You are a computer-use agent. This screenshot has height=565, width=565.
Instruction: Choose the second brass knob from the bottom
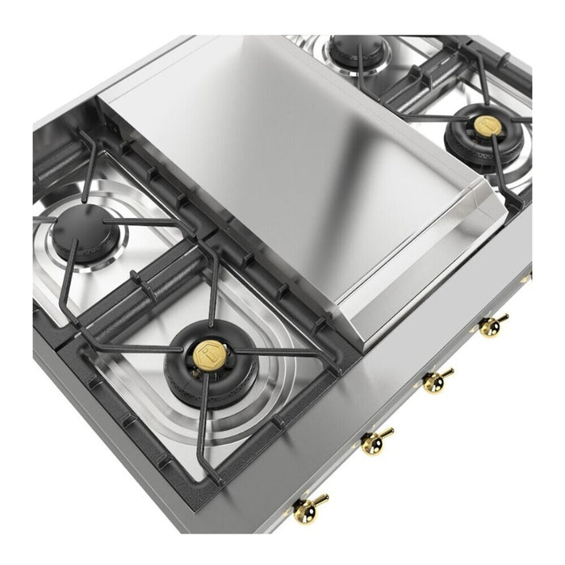click(376, 440)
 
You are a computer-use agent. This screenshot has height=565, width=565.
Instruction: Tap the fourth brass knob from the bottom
click(492, 326)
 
